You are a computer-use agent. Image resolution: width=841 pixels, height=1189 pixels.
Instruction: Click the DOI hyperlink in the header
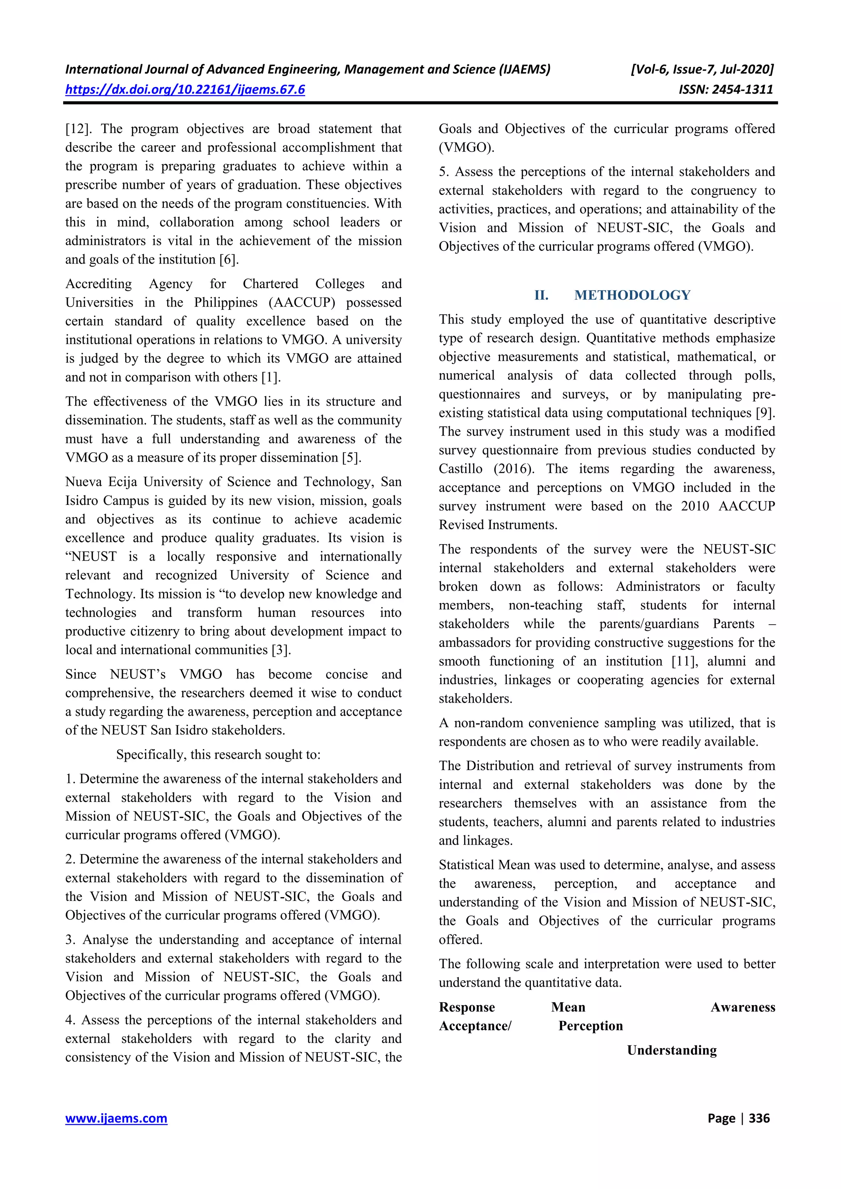click(185, 89)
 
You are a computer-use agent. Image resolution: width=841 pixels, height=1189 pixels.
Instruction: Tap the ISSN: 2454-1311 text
click(726, 89)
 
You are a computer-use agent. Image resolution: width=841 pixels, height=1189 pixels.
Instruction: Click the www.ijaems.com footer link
click(116, 1118)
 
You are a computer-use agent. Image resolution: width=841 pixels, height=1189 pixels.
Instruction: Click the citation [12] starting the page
click(78, 129)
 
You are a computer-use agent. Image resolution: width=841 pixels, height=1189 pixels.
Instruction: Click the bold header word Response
click(467, 1007)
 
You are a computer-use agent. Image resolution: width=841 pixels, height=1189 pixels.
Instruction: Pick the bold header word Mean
click(568, 1007)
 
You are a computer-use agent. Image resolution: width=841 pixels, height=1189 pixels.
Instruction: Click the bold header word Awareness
click(742, 1007)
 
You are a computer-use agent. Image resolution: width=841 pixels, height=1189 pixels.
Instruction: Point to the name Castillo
click(461, 469)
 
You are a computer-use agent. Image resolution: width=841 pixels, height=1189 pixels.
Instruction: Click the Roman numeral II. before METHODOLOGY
click(542, 295)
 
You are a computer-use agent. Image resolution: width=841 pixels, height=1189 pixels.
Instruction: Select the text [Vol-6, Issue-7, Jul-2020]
click(702, 69)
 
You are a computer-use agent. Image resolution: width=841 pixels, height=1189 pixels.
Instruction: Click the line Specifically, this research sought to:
click(218, 754)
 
